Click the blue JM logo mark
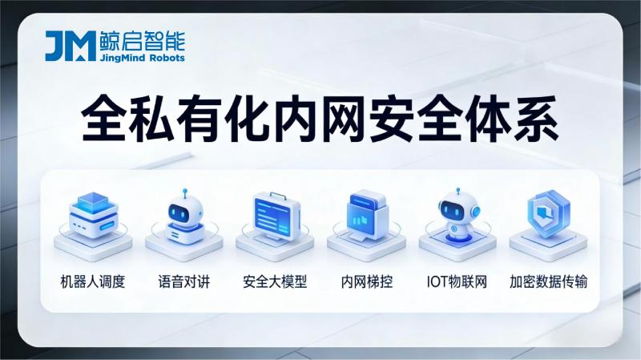click(x=71, y=47)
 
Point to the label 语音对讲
click(x=183, y=282)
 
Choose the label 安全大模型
click(x=275, y=282)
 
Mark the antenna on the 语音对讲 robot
click(x=183, y=193)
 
